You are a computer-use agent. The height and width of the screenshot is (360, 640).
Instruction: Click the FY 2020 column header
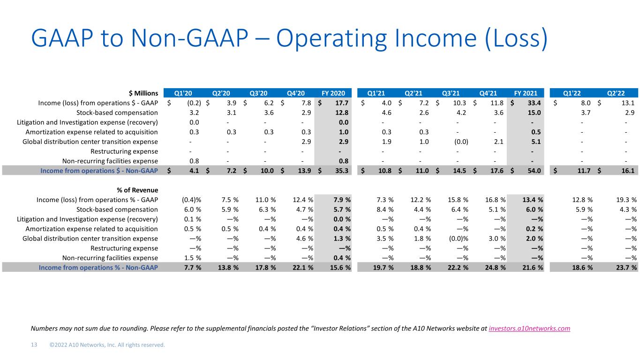(335, 92)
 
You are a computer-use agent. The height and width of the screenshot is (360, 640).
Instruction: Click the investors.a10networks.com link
(529, 329)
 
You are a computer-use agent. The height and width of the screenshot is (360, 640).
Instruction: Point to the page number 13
(34, 345)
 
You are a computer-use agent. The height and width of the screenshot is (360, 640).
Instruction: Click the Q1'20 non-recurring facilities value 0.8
(196, 161)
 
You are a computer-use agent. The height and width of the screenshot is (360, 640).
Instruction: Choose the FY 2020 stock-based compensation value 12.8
(342, 112)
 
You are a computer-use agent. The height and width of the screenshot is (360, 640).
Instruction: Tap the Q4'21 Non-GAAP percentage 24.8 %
(492, 268)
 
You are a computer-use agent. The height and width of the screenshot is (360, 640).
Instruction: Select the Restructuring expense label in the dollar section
(123, 151)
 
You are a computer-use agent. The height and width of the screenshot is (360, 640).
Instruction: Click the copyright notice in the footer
(107, 345)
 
